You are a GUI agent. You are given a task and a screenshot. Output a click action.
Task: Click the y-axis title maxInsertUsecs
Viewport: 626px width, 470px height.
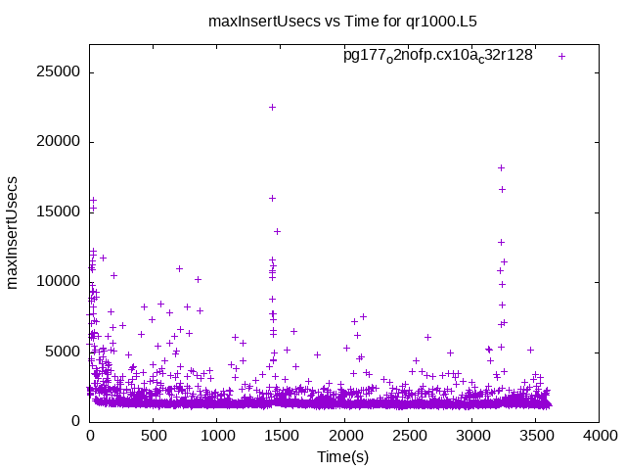tap(14, 232)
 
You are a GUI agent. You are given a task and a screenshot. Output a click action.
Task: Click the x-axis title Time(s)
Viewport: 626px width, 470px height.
tap(342, 456)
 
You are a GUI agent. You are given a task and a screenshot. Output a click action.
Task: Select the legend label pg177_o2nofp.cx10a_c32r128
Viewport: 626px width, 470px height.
tap(437, 56)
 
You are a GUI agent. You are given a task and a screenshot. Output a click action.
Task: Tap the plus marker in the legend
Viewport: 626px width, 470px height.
tap(561, 56)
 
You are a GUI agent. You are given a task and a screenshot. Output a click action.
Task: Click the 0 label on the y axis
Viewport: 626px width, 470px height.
tap(75, 421)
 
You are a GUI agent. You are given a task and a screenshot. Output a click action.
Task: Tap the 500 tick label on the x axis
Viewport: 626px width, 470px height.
tap(154, 437)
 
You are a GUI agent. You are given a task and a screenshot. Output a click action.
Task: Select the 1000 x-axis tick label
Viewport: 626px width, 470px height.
tap(217, 437)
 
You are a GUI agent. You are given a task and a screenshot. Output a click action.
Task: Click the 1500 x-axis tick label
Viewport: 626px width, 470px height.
tap(281, 437)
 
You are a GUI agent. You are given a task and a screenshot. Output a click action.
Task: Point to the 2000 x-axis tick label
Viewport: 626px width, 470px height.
tap(344, 437)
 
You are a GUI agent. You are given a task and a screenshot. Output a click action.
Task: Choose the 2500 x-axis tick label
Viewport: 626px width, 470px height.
tap(409, 437)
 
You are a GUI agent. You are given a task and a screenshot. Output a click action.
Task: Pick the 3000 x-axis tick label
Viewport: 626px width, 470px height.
tap(472, 437)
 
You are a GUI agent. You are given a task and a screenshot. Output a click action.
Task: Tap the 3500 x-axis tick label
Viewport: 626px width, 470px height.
tap(536, 437)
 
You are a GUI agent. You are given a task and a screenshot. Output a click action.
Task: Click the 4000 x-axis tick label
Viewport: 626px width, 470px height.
tap(600, 437)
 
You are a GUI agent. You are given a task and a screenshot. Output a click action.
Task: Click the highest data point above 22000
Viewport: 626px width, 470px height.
tap(272, 107)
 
